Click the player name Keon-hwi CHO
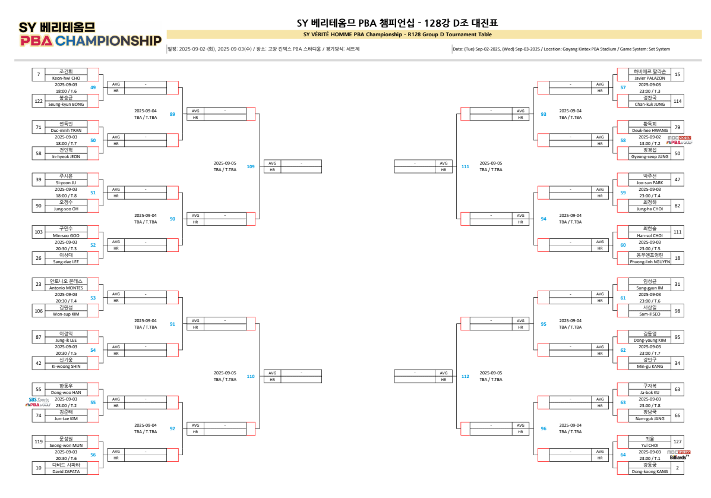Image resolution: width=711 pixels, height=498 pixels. pyautogui.click(x=66, y=78)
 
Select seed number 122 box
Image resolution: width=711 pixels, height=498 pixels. pyautogui.click(x=39, y=101)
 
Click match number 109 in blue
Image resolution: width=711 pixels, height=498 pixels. pyautogui.click(x=251, y=166)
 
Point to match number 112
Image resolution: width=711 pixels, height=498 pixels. pyautogui.click(x=465, y=376)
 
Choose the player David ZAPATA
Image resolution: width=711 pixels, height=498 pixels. pyautogui.click(x=66, y=471)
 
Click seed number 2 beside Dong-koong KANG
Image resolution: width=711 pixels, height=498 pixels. pyautogui.click(x=677, y=468)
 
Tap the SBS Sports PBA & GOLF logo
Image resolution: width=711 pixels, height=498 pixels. pyautogui.click(x=39, y=402)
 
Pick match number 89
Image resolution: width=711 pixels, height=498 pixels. pyautogui.click(x=172, y=114)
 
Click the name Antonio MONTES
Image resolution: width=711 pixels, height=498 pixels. pyautogui.click(x=66, y=288)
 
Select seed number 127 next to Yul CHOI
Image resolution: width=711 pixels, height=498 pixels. pyautogui.click(x=677, y=442)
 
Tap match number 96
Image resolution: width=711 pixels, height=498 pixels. pyautogui.click(x=543, y=428)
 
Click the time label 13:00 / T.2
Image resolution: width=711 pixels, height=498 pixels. pyautogui.click(x=649, y=143)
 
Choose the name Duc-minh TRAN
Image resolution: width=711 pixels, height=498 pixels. pyautogui.click(x=66, y=130)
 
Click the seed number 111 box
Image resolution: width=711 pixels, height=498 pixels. pyautogui.click(x=677, y=232)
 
